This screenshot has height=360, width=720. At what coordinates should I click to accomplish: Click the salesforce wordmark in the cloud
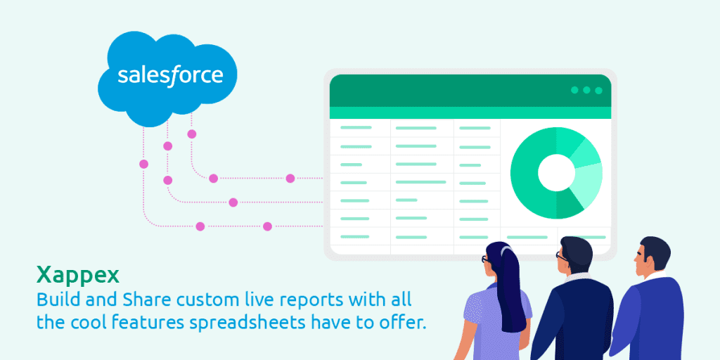click(x=170, y=75)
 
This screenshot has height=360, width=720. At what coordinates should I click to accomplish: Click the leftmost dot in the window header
click(x=574, y=90)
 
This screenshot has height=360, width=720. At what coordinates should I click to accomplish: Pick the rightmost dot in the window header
click(x=598, y=90)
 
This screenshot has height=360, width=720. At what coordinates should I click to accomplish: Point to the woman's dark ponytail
click(x=513, y=288)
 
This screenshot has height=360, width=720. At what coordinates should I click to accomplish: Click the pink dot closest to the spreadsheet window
click(x=290, y=179)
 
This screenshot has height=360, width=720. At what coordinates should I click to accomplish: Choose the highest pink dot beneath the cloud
click(x=191, y=134)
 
